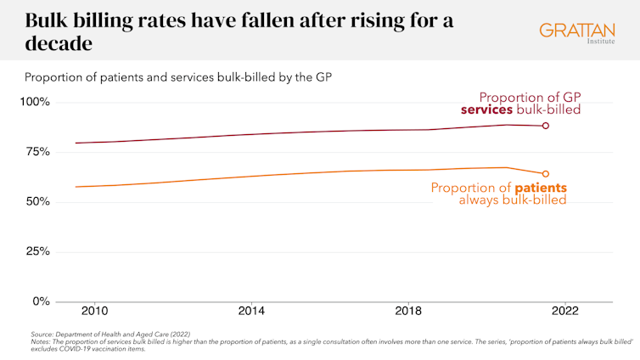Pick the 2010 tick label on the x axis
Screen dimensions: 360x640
coord(94,312)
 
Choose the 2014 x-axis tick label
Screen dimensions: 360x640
coord(252,312)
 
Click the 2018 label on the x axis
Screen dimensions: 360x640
coord(409,312)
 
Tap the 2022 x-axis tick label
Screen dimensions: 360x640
coord(566,312)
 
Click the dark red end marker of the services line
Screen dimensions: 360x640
coord(546,126)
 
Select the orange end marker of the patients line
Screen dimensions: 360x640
coord(546,173)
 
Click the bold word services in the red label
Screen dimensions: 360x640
coord(487,110)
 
